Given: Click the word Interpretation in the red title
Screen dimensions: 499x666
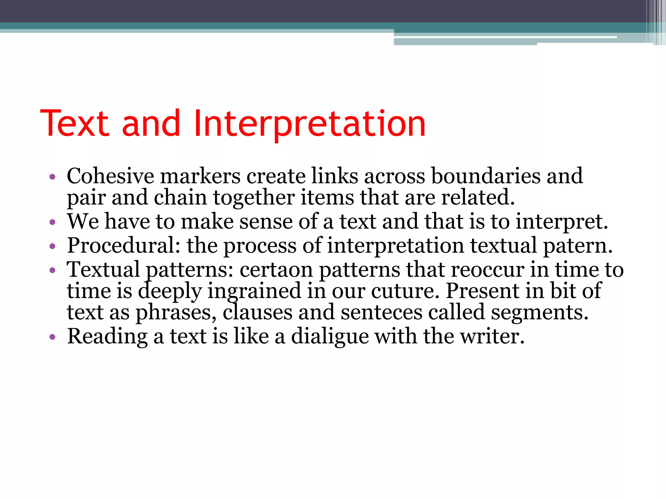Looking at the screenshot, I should click(309, 123).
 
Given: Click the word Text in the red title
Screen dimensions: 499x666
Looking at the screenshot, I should click(74, 123).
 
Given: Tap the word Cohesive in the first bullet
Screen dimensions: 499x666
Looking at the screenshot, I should click(110, 176).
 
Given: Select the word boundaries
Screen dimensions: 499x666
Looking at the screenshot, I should click(486, 176).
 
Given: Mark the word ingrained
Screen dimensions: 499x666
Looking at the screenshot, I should click(254, 291).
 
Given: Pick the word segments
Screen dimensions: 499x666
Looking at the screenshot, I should click(539, 312).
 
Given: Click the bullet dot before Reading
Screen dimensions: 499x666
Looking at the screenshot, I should click(52, 337).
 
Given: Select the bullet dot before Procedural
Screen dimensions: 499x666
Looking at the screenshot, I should click(52, 247).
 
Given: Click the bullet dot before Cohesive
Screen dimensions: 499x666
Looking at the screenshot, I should click(52, 177).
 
